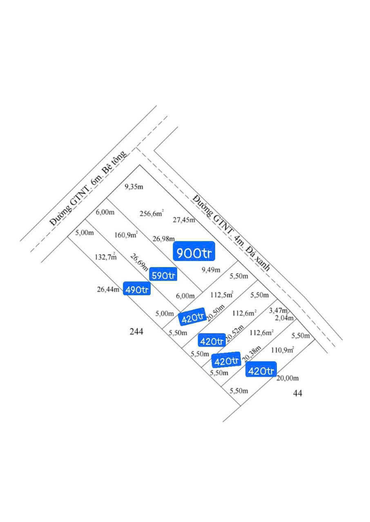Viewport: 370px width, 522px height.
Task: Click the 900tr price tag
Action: (194, 251)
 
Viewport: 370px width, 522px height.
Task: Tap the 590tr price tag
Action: (163, 274)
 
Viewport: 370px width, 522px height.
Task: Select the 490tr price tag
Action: (137, 288)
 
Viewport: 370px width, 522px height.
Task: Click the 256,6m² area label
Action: (152, 213)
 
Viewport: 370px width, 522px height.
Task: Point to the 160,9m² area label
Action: (126, 234)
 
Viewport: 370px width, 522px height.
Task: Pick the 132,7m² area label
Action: (106, 256)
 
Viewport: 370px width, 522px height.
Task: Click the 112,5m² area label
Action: (222, 294)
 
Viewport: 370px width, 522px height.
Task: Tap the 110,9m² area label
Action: (282, 349)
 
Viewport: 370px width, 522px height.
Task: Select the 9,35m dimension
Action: (134, 187)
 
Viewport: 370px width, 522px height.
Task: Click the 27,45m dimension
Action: (184, 220)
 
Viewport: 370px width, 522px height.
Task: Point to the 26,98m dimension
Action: (163, 239)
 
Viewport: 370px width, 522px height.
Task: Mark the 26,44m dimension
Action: (108, 289)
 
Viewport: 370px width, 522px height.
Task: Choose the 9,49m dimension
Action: (211, 270)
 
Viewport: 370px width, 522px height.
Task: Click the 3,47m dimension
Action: (278, 310)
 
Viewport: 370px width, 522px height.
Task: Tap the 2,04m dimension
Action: (284, 318)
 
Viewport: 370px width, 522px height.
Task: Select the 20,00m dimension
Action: (288, 378)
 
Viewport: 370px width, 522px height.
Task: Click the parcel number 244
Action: (136, 332)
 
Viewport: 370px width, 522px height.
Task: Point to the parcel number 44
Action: (297, 394)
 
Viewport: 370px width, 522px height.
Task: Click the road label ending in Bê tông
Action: (89, 188)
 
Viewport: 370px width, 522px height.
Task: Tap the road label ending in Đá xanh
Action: (231, 233)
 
